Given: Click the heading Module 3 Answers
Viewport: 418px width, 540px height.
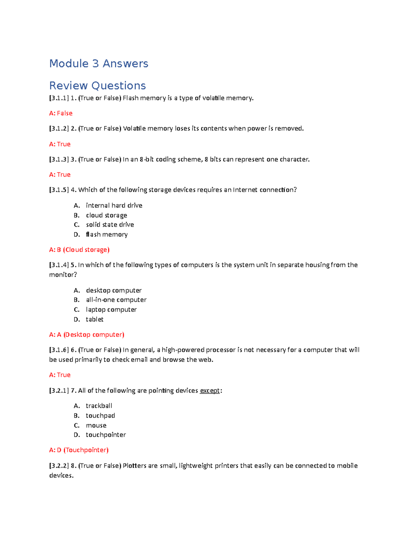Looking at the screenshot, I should (99, 64).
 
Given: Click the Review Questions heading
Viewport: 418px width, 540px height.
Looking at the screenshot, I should (98, 86).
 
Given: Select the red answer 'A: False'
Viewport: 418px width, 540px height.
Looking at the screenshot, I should (61, 113).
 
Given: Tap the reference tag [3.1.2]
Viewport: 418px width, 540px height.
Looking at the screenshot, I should (59, 129).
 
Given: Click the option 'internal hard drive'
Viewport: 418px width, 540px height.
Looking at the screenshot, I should (114, 205).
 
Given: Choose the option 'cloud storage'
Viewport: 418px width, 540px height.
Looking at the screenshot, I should (106, 215).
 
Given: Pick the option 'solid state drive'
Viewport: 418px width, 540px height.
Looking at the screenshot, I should (110, 225).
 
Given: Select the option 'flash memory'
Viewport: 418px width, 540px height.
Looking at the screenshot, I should (107, 234).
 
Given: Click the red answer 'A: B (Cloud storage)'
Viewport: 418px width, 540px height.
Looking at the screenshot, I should (79, 250).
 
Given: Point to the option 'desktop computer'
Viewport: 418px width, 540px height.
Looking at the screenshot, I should (114, 290).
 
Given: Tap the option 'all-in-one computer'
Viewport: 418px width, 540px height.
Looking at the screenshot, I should (116, 300).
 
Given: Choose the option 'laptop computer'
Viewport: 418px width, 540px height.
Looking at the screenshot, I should (111, 309).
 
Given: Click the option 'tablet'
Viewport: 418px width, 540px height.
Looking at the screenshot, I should (94, 319).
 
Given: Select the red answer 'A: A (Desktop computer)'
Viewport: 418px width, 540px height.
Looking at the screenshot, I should (87, 335).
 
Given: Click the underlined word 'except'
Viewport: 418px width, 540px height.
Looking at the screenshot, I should (210, 390).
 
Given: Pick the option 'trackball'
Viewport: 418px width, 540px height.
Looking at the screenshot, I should (99, 406).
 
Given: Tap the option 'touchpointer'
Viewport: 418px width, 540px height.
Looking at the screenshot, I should (106, 435).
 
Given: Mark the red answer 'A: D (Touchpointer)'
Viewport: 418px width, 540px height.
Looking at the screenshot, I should (79, 450).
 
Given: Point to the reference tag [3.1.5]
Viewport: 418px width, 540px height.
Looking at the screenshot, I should (59, 190).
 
